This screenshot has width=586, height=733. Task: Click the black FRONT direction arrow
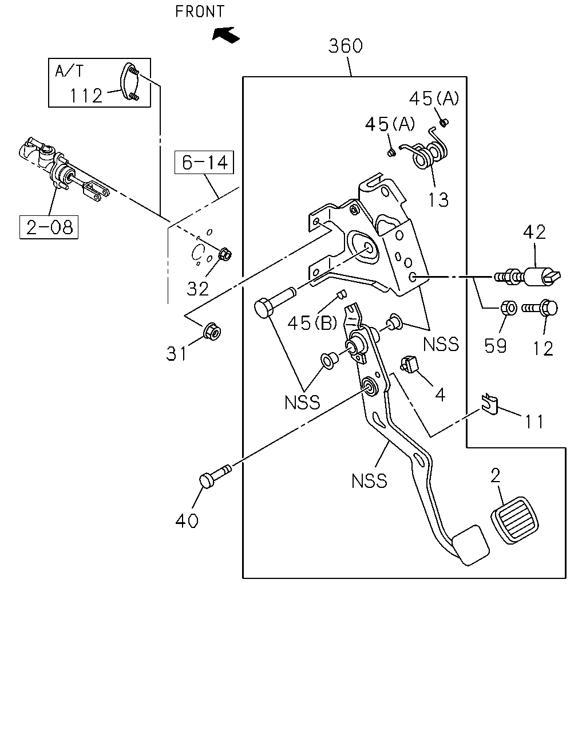coord(225,35)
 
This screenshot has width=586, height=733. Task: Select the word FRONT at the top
coord(200,11)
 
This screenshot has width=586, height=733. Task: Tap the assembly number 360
coord(345,46)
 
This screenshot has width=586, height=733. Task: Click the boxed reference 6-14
coord(204,163)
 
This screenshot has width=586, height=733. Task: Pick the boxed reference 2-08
coord(49,227)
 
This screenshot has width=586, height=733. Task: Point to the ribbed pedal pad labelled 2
coord(514,520)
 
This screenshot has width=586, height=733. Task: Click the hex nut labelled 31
coord(212,331)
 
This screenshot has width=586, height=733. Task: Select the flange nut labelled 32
coord(225,254)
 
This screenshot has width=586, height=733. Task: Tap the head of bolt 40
coord(207,480)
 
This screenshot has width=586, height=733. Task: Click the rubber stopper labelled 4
coord(409,364)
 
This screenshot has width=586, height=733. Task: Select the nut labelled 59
coord(508,308)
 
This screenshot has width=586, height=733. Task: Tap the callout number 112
coord(86,96)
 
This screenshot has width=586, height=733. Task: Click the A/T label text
coord(69,71)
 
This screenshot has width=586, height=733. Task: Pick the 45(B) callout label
coord(312,322)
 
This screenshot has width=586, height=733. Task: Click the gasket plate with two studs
coord(130,81)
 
